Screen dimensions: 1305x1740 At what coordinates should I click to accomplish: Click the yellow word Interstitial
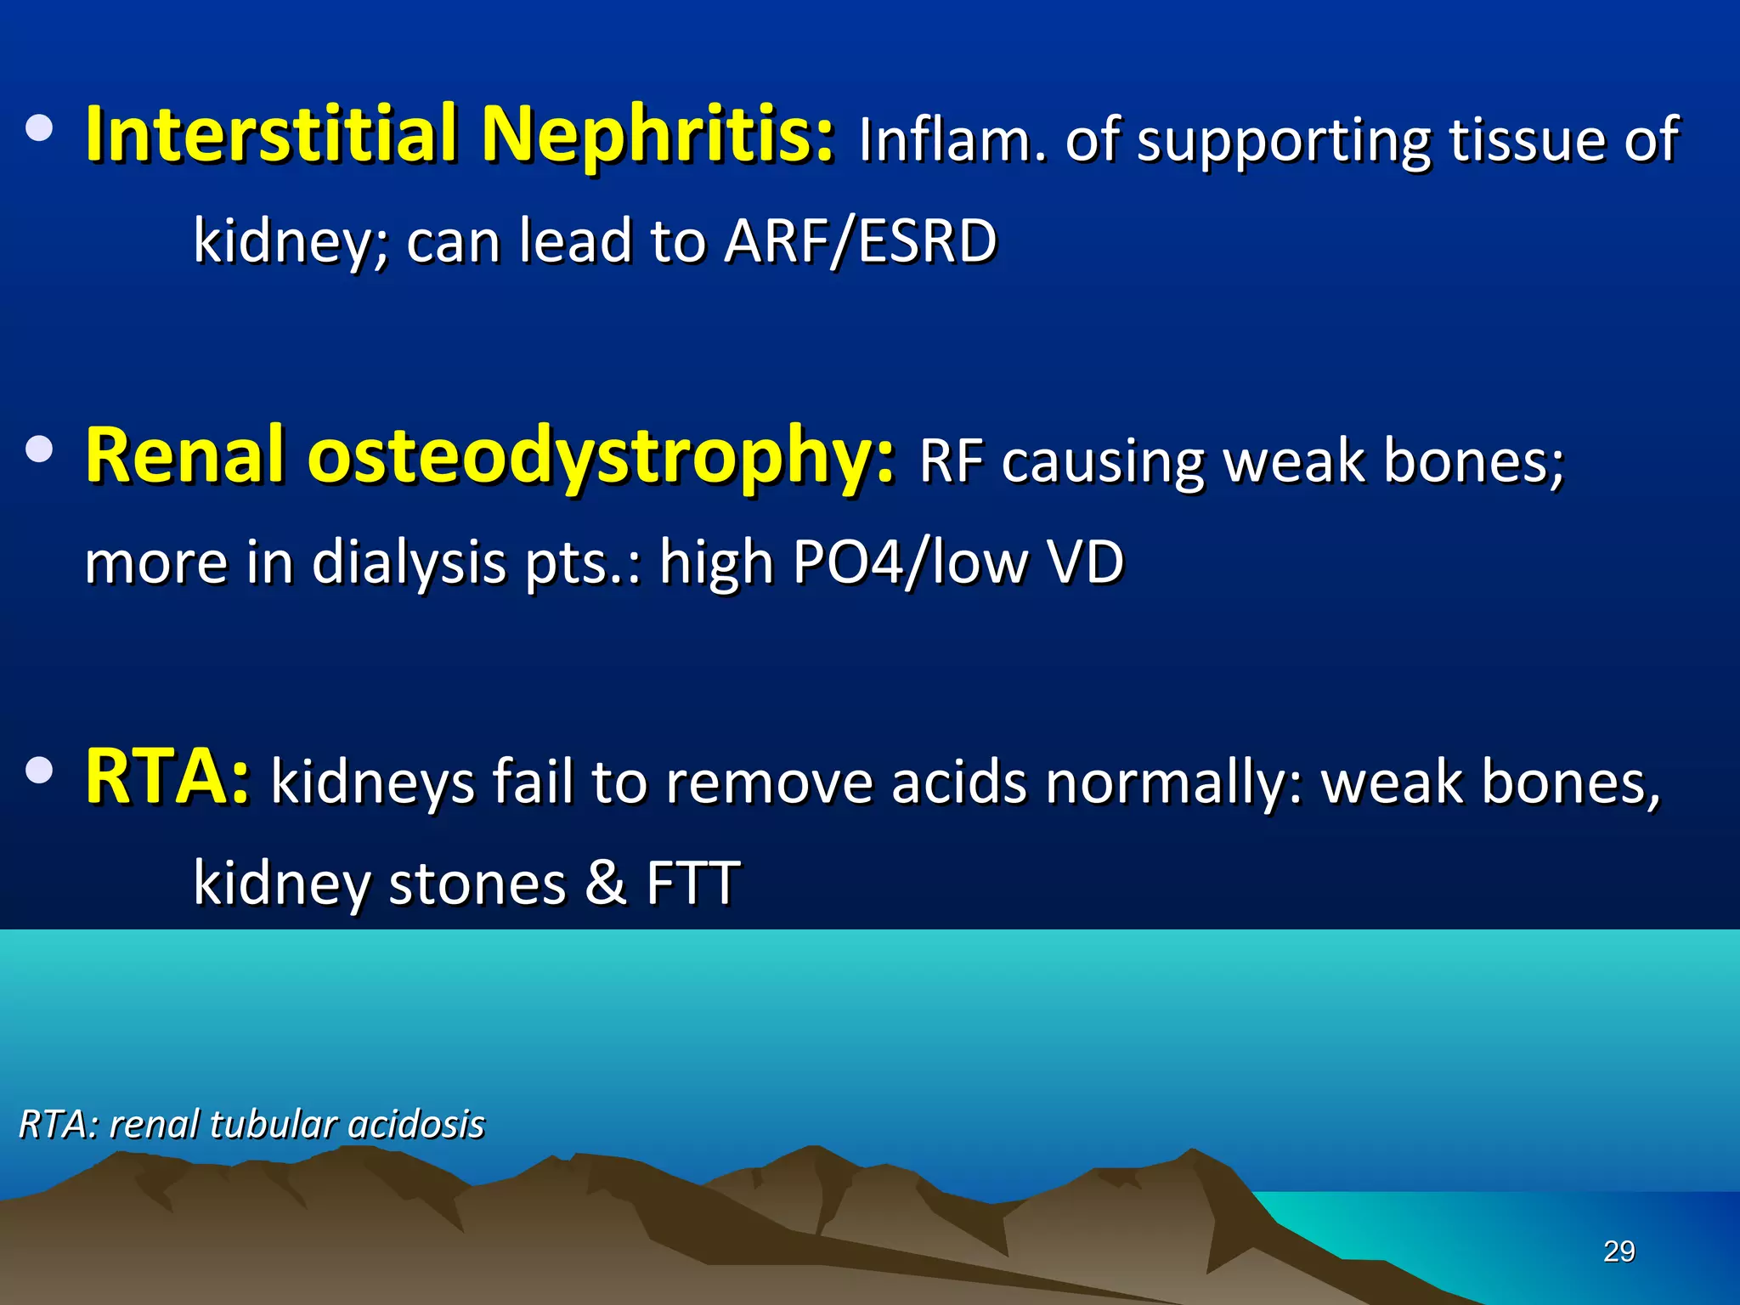(272, 133)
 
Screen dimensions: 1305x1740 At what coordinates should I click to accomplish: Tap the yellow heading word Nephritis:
(658, 133)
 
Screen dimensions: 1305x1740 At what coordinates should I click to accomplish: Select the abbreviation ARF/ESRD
(860, 240)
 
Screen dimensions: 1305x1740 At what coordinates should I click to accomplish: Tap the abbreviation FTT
(693, 884)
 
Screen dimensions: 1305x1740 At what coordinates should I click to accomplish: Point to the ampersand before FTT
(606, 884)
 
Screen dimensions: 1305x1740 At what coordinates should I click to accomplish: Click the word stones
(477, 884)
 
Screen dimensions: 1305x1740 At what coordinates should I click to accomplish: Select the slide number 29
(1619, 1251)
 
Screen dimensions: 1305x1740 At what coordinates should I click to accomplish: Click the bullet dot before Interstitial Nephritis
(39, 129)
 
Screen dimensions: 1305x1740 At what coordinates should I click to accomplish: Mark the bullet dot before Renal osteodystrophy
(39, 449)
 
